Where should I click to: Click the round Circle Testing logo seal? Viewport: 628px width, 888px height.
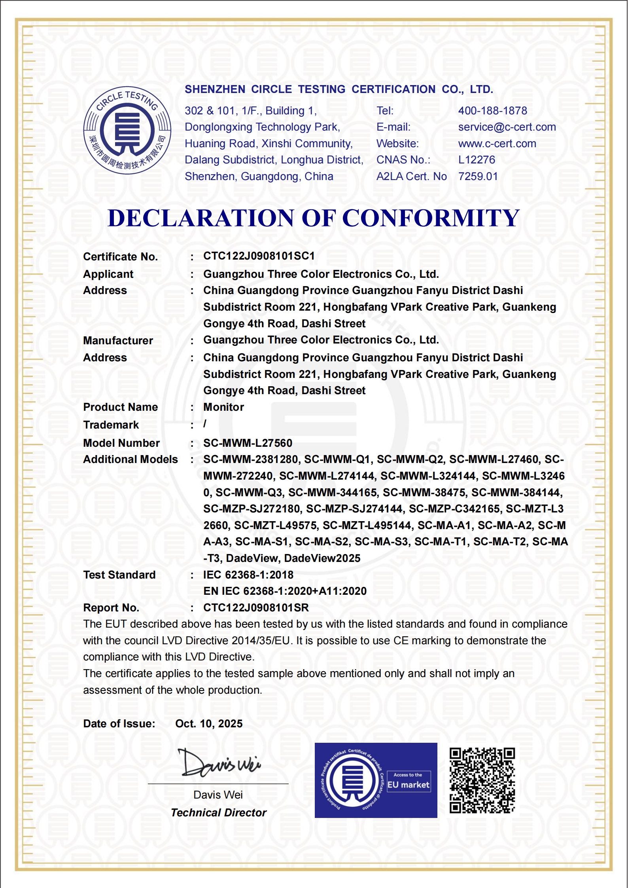coord(127,130)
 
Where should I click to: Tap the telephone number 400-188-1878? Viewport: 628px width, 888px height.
coord(492,111)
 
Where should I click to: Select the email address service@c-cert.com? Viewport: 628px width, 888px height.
coord(507,127)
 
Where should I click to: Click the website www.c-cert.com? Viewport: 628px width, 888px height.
coord(497,144)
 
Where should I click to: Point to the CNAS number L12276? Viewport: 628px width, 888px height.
coord(477,160)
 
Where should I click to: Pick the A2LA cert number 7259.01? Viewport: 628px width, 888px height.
coord(478,176)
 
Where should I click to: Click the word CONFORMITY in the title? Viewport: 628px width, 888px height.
coord(430,218)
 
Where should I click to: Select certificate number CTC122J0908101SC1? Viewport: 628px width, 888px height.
coord(259,256)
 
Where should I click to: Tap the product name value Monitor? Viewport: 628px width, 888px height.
coord(223,407)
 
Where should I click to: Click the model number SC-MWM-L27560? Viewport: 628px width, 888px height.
coord(248,443)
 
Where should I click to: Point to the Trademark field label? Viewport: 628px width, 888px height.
coord(111,425)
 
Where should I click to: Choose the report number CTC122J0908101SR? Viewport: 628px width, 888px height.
coord(256,608)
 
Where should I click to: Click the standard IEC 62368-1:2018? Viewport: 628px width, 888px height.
coord(248,575)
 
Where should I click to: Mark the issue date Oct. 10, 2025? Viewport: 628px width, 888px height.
coord(209,724)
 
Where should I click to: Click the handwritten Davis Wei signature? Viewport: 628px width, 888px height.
coord(219,763)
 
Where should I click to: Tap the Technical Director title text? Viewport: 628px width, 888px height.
coord(219,813)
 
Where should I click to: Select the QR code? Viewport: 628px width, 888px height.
coord(482,781)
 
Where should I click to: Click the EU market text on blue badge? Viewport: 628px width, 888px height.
coord(408,785)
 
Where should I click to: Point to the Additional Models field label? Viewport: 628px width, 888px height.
coord(131,459)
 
